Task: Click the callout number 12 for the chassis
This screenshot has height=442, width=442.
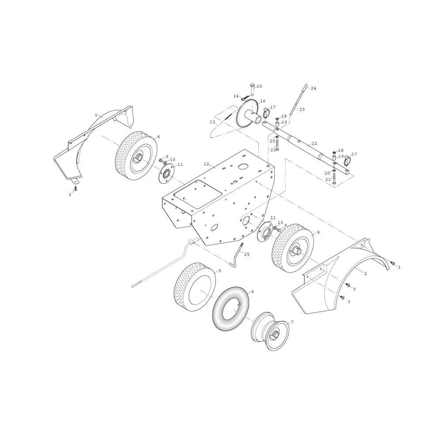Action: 206,164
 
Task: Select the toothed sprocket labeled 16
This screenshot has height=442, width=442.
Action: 247,115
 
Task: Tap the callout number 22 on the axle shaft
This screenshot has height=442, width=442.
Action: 314,144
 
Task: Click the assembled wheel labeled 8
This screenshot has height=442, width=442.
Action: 292,248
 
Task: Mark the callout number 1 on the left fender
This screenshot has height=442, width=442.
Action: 96,115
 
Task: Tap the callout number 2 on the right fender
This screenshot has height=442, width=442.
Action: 366,274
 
